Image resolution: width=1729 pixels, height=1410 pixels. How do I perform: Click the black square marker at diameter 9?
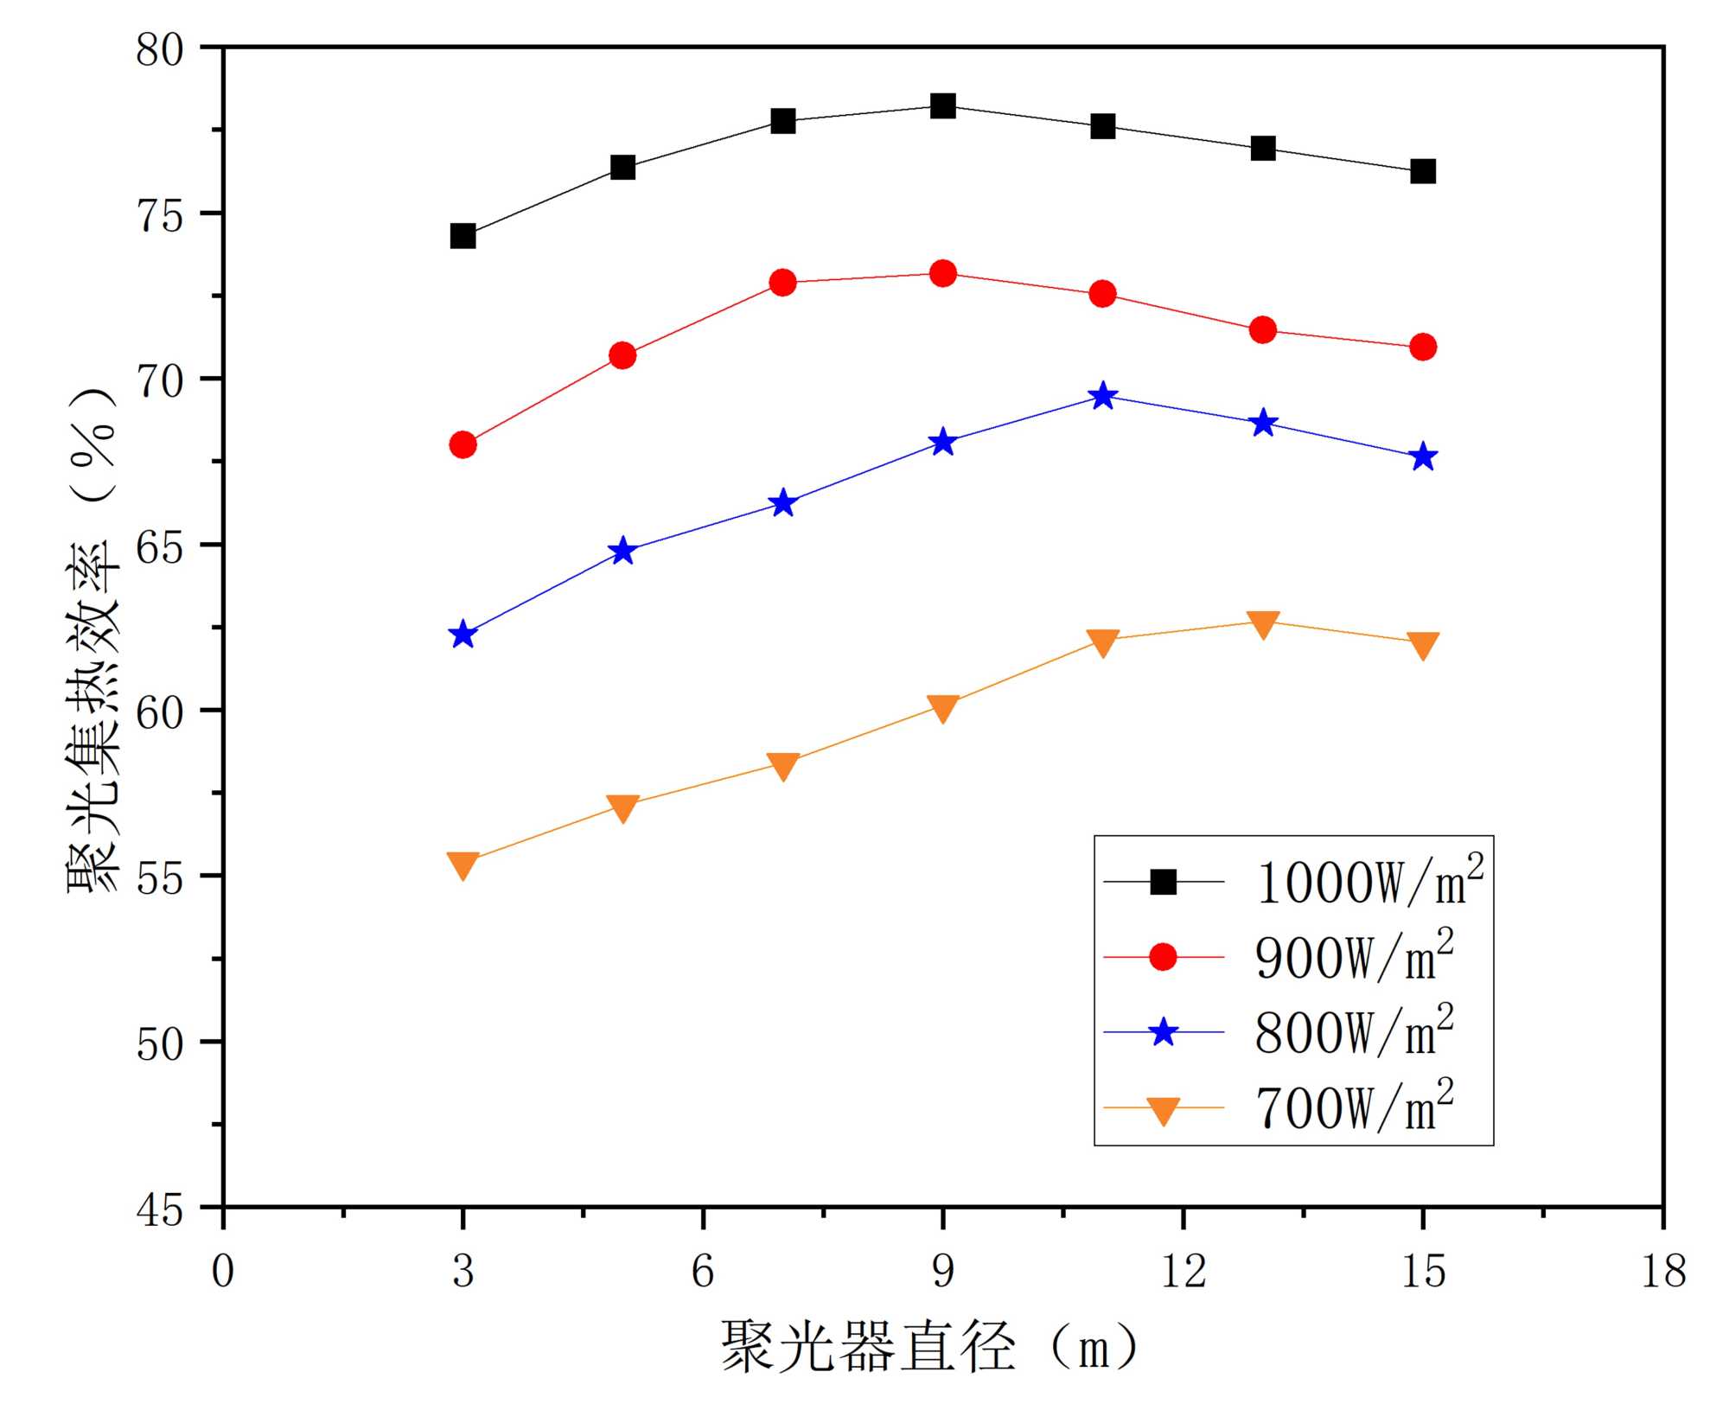coord(942,106)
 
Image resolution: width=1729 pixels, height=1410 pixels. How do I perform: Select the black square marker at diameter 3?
coord(463,236)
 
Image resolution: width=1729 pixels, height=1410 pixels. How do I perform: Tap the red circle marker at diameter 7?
coord(782,283)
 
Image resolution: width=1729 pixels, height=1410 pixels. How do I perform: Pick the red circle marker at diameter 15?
coord(1422,347)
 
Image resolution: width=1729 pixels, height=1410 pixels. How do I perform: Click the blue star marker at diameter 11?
coord(1102,396)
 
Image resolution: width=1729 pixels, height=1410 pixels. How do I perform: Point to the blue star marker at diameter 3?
coord(463,635)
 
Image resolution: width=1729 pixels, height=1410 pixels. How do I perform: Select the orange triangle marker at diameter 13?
coord(1263,623)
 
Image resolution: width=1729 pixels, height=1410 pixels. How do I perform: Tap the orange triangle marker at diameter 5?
coord(622,807)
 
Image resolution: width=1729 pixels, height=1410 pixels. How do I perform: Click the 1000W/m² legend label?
coord(1369,882)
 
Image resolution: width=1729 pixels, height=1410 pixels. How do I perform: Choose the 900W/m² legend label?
coord(1354,957)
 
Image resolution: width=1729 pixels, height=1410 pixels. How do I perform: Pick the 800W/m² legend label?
coord(1354,1031)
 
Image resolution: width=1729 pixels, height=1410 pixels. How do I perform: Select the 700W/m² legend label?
coord(1354,1107)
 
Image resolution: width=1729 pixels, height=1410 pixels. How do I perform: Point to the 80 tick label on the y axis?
coord(161,49)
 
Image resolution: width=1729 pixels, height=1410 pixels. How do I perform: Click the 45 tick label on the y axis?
coord(161,1209)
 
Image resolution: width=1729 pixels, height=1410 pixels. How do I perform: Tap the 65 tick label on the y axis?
coord(161,546)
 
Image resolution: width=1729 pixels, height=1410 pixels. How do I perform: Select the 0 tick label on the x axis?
coord(223,1272)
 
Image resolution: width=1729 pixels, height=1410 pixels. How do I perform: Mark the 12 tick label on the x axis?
coord(1183,1272)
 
